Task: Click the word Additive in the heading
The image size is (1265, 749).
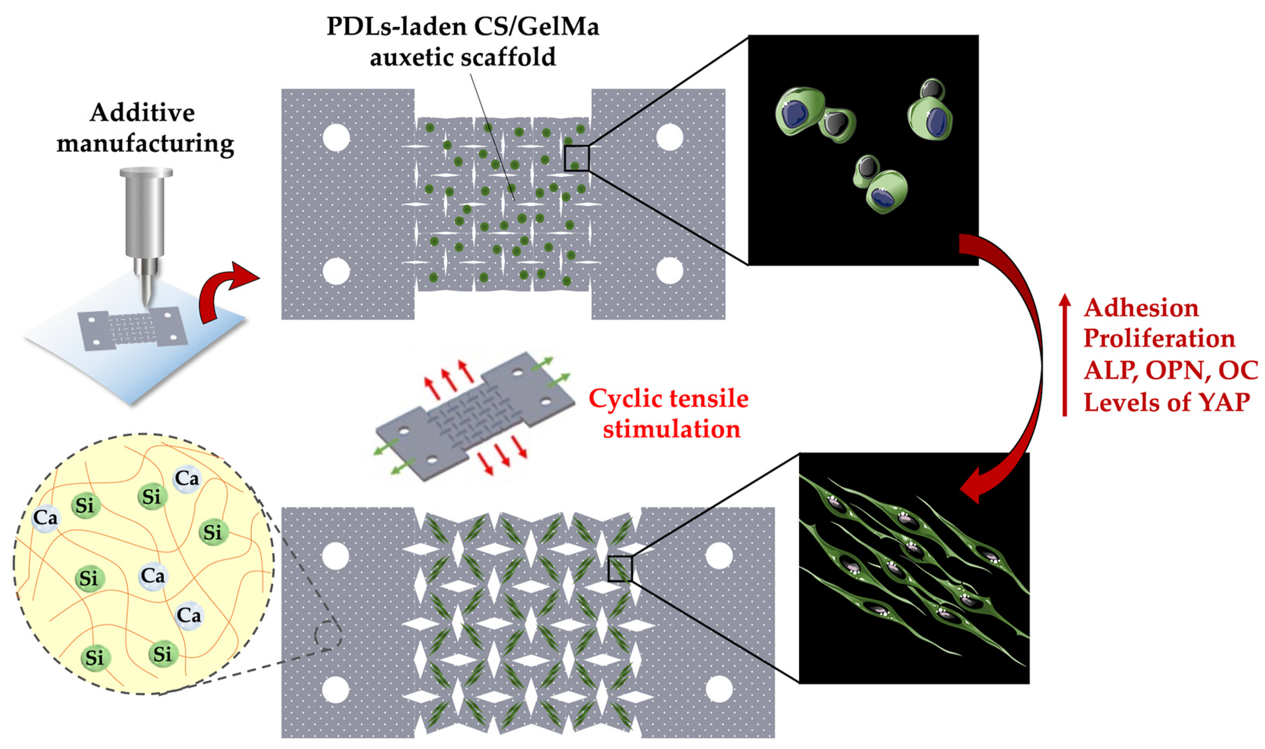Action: [x=142, y=112]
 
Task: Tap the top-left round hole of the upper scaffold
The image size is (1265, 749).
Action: [x=336, y=137]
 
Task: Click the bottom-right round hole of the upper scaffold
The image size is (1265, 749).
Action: [x=669, y=271]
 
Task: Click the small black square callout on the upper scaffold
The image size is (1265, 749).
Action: [x=576, y=159]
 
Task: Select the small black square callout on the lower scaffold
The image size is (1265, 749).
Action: [x=620, y=569]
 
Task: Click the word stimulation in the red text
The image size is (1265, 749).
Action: [x=671, y=429]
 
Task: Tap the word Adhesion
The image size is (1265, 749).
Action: [x=1141, y=308]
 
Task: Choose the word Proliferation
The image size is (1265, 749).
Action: [x=1159, y=338]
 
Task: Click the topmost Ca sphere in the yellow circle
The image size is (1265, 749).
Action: [x=187, y=478]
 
